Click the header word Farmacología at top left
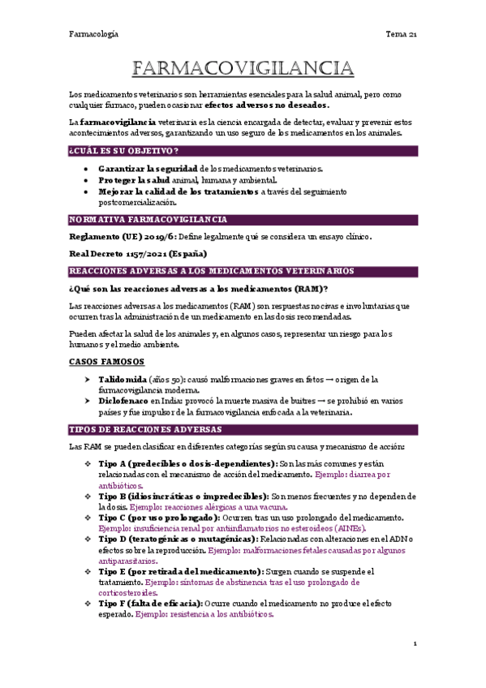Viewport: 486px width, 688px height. (93, 34)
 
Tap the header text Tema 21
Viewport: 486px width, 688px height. (400, 34)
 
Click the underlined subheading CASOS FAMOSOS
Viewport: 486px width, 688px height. (106, 361)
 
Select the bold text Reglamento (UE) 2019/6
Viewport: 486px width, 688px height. (122, 237)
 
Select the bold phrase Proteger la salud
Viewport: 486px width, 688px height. (135, 179)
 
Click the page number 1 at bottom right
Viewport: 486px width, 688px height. (415, 643)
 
